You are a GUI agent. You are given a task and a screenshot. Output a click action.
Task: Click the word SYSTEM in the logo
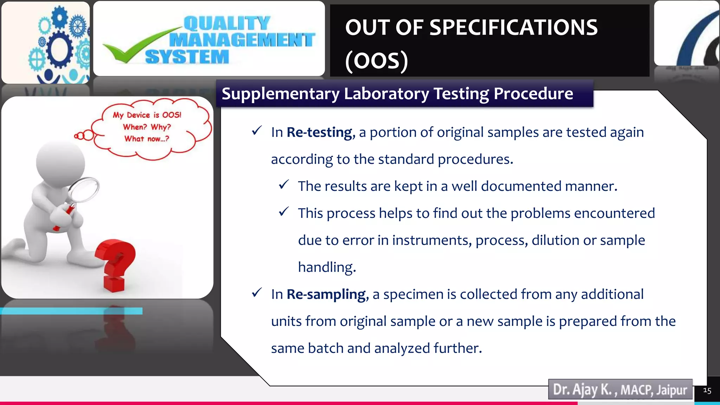pos(187,57)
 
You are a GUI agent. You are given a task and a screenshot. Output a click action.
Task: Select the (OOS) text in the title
pos(377,60)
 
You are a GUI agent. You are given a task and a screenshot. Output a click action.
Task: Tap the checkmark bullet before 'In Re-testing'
pos(257,131)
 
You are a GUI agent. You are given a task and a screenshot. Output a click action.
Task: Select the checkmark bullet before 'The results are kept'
pos(284,185)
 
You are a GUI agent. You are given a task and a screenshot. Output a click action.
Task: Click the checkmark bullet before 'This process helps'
pos(284,212)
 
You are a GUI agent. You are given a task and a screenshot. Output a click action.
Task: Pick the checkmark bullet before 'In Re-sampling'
pos(257,293)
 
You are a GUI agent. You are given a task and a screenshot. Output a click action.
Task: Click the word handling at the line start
pos(327,267)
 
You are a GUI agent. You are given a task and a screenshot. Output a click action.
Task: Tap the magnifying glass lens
pos(84,190)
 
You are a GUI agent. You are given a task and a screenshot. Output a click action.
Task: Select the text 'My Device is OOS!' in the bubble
pos(147,115)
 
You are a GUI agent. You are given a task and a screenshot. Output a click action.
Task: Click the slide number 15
pos(707,391)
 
